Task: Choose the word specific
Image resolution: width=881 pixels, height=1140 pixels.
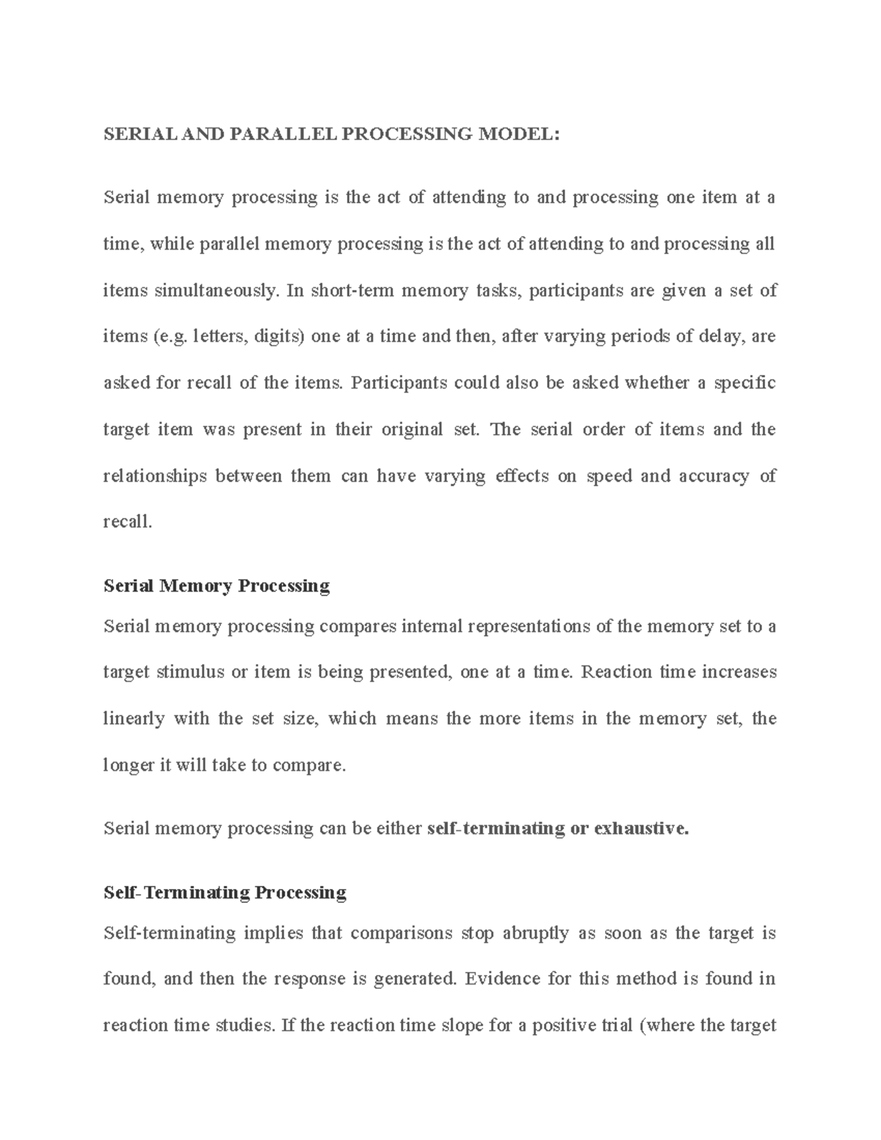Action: (x=746, y=383)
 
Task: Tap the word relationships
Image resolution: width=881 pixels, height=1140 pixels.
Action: (x=155, y=476)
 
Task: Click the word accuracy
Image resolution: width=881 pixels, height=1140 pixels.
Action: (x=714, y=476)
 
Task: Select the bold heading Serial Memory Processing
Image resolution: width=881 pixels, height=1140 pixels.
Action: (x=217, y=586)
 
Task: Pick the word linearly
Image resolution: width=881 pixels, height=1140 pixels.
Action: (x=134, y=719)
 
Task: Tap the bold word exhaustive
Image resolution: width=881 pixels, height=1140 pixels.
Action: (x=642, y=829)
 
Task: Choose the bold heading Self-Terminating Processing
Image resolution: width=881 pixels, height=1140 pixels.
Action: (x=225, y=893)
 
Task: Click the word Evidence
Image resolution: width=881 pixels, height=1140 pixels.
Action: (x=502, y=979)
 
